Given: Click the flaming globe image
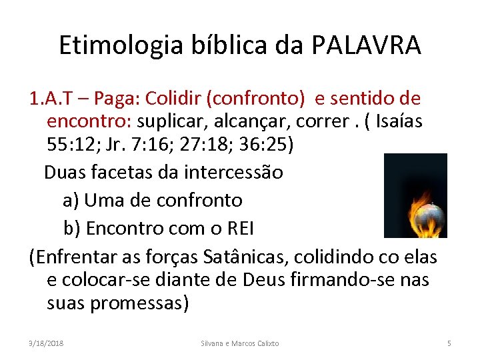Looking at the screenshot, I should [415, 195].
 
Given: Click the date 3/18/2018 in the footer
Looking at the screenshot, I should [46, 343].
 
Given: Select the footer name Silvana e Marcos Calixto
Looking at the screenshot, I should [240, 343].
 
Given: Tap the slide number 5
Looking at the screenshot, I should [449, 343].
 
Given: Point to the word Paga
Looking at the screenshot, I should [115, 99].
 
